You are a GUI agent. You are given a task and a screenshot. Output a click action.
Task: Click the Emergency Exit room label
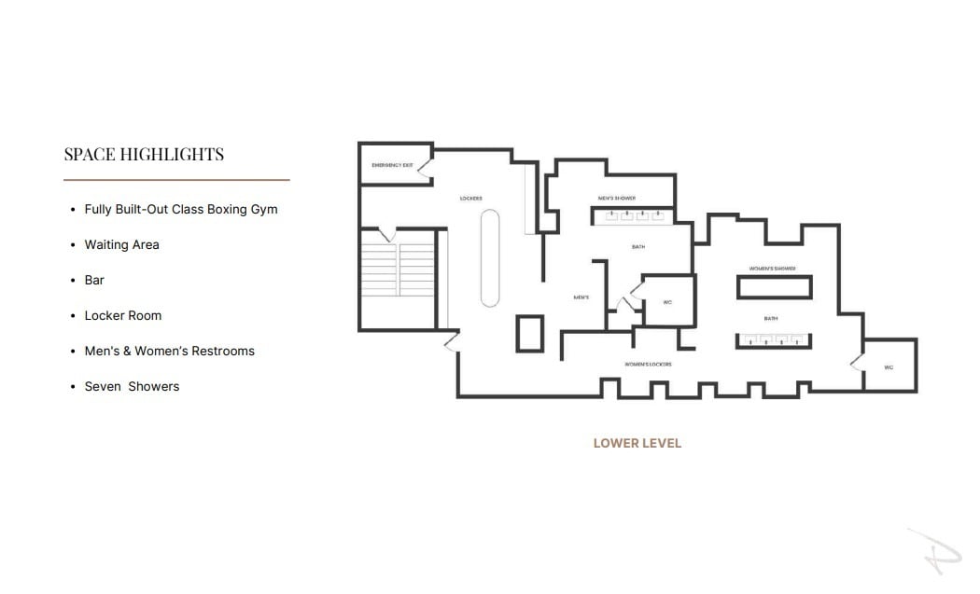391,165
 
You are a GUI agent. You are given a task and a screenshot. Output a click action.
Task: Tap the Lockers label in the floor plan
470,199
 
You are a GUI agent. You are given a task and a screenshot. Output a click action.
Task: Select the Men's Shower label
617,199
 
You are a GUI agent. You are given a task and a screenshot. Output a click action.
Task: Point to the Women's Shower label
772,269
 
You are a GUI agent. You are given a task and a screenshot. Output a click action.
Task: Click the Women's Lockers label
648,364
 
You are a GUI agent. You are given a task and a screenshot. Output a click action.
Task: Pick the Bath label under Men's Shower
637,247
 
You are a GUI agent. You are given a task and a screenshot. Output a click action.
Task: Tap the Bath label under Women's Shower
771,319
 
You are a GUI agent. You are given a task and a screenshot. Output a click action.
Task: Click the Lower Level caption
637,443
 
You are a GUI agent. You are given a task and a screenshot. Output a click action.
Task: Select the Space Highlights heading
144,154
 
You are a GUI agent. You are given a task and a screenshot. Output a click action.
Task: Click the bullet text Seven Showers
132,386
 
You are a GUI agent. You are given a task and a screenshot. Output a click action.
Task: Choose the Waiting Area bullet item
121,244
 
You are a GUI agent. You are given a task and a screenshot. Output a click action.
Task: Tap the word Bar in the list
94,280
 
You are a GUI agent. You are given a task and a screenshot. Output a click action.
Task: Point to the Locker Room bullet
122,315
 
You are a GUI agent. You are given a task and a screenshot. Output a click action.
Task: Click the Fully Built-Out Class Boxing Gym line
180,209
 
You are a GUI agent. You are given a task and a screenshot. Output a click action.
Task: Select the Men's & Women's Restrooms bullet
169,351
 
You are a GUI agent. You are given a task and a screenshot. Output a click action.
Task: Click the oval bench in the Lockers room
490,257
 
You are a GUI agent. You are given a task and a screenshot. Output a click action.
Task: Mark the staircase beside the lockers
399,269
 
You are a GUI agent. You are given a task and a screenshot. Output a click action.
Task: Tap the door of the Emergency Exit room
424,170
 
